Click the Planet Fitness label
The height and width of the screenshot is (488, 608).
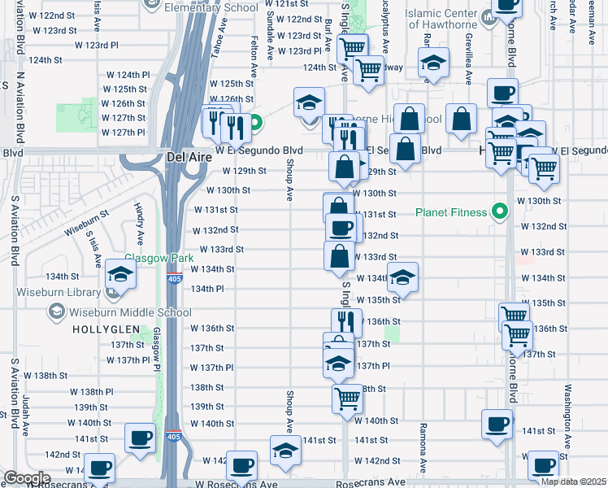click(451, 213)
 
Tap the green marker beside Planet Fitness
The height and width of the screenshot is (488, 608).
click(502, 213)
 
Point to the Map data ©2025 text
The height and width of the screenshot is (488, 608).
click(573, 481)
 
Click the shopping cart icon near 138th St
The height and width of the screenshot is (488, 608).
click(347, 399)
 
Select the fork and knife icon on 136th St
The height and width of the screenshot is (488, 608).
click(346, 322)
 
